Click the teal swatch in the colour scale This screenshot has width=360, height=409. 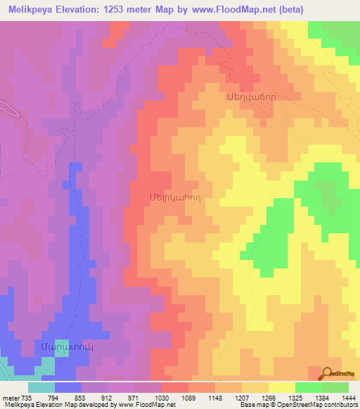pos(41,387)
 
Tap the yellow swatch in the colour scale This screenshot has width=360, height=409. pos(281,387)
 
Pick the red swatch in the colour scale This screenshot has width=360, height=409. pos(175,387)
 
